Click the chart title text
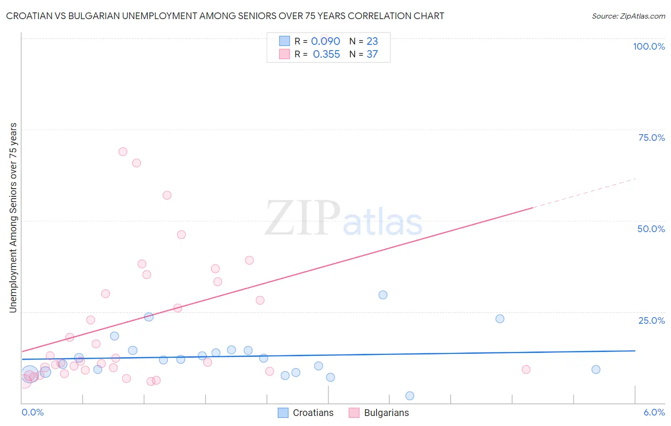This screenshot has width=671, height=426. tap(225, 16)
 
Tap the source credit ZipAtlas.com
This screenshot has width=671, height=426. tap(628, 16)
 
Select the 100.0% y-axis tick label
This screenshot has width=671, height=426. tap(649, 46)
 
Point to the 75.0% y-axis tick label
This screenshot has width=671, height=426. tap(651, 138)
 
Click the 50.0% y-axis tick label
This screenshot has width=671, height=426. tap(651, 229)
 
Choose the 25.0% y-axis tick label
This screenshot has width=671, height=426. tap(651, 320)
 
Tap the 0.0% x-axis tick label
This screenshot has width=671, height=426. tap(32, 412)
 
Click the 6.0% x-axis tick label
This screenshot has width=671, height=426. tap(654, 412)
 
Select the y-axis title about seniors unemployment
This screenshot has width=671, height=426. tap(13, 218)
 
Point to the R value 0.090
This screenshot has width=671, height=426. tap(325, 42)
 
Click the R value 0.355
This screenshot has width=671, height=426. tap(326, 54)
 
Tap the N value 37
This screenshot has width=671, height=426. tap(372, 54)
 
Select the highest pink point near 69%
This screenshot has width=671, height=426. tap(123, 151)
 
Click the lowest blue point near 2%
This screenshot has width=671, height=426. tap(409, 395)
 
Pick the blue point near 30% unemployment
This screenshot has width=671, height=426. tap(383, 295)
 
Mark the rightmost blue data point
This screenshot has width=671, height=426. tap(596, 369)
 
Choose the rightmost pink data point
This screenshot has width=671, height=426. tap(526, 369)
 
